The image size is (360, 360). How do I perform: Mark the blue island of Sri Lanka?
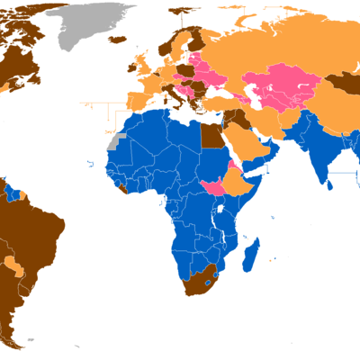pyautogui.click(x=332, y=186)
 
